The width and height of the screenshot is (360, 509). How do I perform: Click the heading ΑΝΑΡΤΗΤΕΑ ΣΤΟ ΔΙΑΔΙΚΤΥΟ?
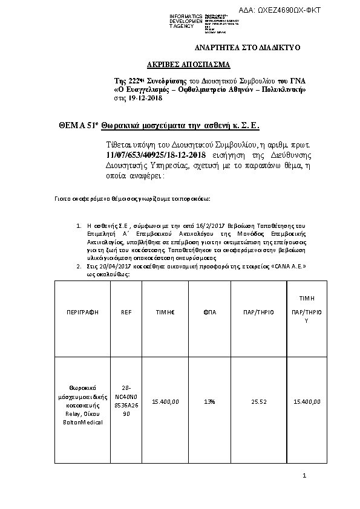pos(246,47)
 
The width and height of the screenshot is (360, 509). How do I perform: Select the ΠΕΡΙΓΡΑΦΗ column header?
pos(82,312)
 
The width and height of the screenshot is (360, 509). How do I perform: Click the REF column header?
pos(126,312)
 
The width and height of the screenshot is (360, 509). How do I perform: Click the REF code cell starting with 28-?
pos(126,401)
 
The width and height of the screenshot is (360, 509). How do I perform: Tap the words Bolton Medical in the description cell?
pos(82,422)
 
